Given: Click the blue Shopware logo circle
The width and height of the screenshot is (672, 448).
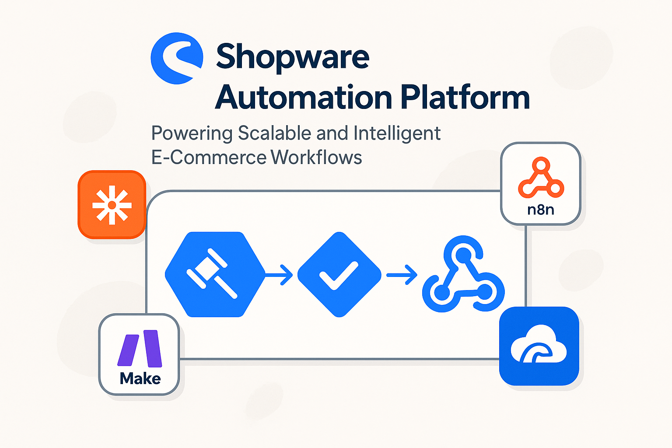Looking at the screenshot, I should [x=176, y=58].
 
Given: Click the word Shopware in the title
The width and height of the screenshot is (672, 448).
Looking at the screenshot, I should [x=293, y=57].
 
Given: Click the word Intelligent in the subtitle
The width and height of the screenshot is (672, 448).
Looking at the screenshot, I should [x=397, y=133].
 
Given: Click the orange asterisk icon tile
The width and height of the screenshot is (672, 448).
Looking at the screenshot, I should [x=112, y=205].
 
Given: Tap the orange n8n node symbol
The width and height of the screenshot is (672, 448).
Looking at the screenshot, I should [x=541, y=179].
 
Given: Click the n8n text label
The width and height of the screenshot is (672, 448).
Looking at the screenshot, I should [x=541, y=210].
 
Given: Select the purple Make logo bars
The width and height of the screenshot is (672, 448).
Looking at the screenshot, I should [x=140, y=348].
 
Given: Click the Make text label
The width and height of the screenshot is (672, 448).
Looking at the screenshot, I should [x=140, y=378].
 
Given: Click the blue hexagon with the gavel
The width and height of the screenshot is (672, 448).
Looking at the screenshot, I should [x=215, y=274].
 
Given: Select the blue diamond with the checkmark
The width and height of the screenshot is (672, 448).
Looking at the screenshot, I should [x=339, y=274].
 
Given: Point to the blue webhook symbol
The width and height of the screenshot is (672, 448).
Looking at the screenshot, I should [x=463, y=276].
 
